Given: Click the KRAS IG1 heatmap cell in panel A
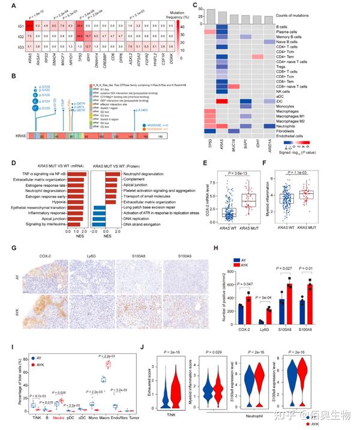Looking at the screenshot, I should point(29,26).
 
